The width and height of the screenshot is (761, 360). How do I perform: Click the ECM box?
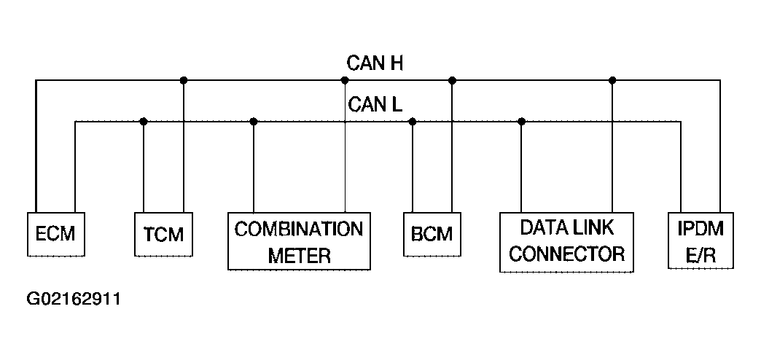click(x=56, y=235)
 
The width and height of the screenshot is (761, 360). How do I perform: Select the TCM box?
click(x=163, y=235)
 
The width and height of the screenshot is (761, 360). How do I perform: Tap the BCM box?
click(x=432, y=235)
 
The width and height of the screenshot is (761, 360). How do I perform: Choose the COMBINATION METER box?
click(x=299, y=241)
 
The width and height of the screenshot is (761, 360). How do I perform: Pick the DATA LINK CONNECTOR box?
click(x=566, y=242)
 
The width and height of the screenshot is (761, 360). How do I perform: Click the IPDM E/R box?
click(x=700, y=240)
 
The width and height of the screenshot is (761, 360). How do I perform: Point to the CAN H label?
click(x=375, y=63)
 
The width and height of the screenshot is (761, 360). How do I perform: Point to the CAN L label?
click(x=375, y=104)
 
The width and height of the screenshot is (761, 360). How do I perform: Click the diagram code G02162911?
click(x=74, y=298)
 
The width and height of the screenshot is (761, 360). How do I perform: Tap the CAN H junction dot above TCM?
click(x=184, y=80)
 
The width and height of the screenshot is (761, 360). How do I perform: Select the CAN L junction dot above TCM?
click(x=143, y=121)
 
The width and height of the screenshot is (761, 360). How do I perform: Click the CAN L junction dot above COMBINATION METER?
click(x=254, y=121)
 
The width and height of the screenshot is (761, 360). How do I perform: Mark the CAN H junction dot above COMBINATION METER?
click(x=345, y=80)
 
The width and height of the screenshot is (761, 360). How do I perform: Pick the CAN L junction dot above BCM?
click(x=413, y=121)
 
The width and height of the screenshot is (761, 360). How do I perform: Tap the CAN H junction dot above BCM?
click(x=453, y=80)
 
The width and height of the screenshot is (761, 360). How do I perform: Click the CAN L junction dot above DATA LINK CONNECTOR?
click(x=521, y=121)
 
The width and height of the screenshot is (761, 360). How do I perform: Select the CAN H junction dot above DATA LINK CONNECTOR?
click(x=612, y=80)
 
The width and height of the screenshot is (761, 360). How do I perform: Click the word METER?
click(x=300, y=255)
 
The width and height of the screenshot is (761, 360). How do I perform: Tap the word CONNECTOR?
click(x=566, y=254)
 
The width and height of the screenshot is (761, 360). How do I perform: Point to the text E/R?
click(x=700, y=255)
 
